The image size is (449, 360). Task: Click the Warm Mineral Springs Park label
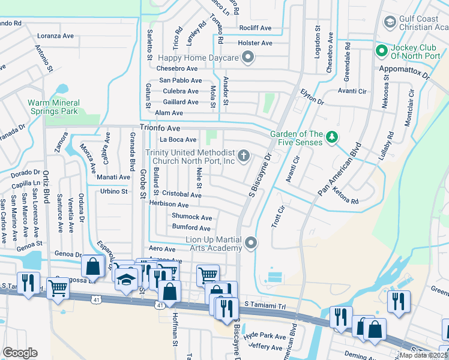tap(53, 107)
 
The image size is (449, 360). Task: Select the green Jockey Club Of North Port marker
tap(381, 50)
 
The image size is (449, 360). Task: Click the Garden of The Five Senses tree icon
tap(331, 139)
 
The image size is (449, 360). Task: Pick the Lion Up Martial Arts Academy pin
tap(251, 243)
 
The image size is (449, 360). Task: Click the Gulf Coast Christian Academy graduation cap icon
tap(389, 23)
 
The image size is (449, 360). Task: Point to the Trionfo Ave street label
tap(160, 128)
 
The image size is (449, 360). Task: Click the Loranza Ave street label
tap(55, 36)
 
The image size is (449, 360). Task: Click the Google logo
tap(20, 353)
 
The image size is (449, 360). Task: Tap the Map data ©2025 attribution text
tap(423, 355)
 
